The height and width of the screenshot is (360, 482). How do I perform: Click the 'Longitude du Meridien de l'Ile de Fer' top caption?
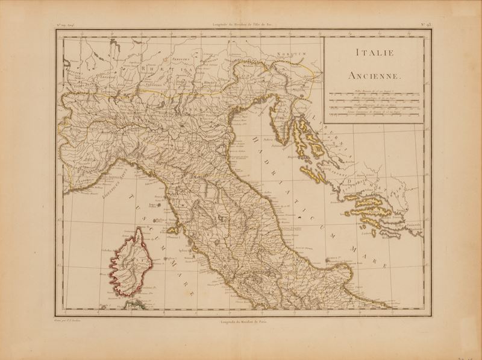[242, 25]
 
